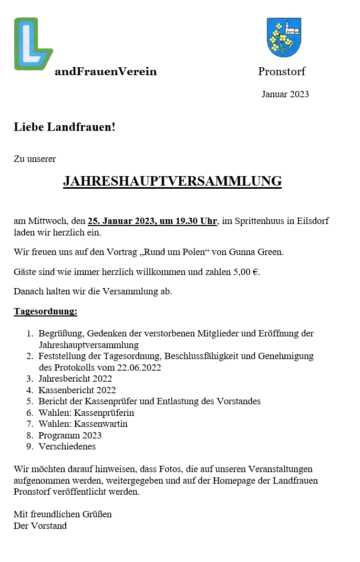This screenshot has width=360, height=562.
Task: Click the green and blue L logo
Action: pyautogui.click(x=33, y=44)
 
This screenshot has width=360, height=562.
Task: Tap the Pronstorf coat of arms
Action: pyautogui.click(x=284, y=37)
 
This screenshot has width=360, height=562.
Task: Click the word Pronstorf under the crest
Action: pyautogui.click(x=281, y=71)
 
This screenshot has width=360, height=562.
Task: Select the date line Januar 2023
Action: pyautogui.click(x=285, y=95)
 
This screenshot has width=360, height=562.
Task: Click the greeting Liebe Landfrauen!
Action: pyautogui.click(x=64, y=127)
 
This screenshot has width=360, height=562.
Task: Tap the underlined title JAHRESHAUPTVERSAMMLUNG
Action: pyautogui.click(x=172, y=181)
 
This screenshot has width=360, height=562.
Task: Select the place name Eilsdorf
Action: pyautogui.click(x=312, y=221)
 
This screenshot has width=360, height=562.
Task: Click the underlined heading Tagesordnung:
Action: pyautogui.click(x=45, y=311)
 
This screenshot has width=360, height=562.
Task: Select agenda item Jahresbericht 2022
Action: pyautogui.click(x=75, y=379)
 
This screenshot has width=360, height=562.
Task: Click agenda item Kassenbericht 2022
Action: pyautogui.click(x=77, y=390)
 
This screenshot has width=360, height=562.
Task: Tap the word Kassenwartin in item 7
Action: pyautogui.click(x=101, y=424)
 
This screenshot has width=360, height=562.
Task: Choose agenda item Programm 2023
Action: pyautogui.click(x=70, y=435)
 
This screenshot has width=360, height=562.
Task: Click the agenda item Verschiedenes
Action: pyautogui.click(x=67, y=446)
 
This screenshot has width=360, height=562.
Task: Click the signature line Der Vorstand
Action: pyautogui.click(x=40, y=525)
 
